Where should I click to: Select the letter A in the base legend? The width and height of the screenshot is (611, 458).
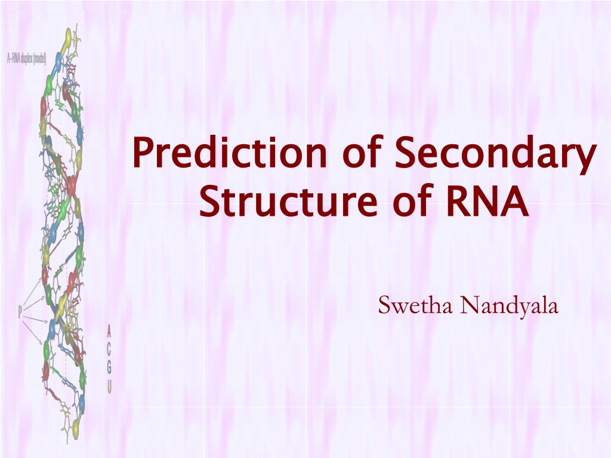click(109, 329)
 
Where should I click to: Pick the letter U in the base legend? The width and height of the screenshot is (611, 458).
click(109, 388)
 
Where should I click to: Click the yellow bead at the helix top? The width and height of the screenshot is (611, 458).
click(67, 37)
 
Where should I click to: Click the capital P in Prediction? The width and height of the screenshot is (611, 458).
click(143, 153)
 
